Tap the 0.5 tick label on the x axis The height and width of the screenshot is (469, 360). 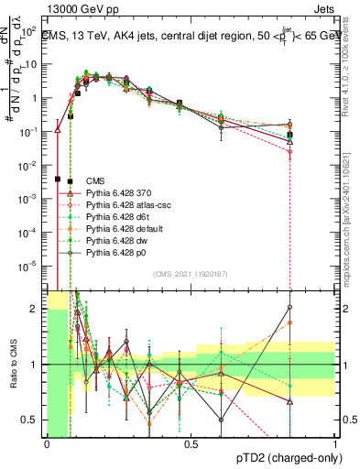[x=191, y=443]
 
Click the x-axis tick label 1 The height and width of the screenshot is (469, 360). [x=335, y=443]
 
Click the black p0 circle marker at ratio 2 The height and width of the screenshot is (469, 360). [x=289, y=308]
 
